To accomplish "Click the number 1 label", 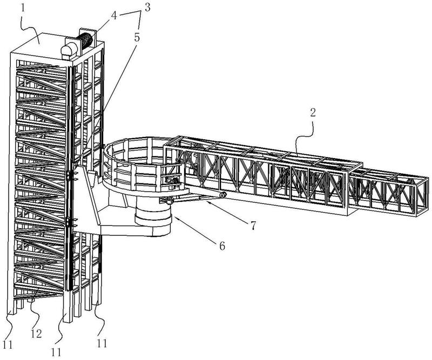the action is coord(23,8).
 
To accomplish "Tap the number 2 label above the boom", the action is coord(313,113).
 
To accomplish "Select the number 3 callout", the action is coord(147,8).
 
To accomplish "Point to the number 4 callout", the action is coord(114,16).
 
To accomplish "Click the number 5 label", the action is coord(137,37).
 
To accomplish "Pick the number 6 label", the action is coord(222,246).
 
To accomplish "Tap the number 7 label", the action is coord(253,226).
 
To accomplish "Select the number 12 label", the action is coord(36,334).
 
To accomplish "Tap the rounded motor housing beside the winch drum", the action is coord(69,50).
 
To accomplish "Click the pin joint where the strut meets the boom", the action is coord(223,195).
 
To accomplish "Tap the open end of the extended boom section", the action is coord(422,196).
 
